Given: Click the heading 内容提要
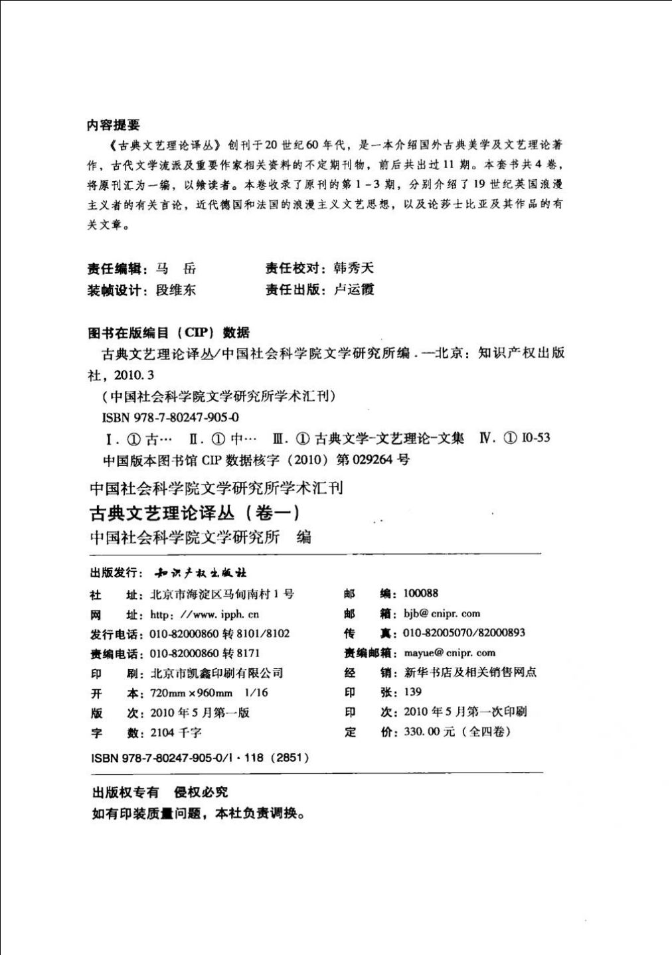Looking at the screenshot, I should [x=114, y=125].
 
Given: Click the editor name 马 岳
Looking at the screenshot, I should [x=176, y=269].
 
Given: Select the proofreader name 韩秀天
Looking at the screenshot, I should [x=354, y=268].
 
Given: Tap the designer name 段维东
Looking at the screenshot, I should [x=176, y=290].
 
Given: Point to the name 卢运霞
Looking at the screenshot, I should [x=354, y=289].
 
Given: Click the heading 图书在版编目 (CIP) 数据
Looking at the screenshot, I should [x=169, y=332].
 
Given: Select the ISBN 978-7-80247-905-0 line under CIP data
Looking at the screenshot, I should [x=171, y=417].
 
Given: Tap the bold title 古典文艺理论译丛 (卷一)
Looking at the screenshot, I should [x=195, y=513].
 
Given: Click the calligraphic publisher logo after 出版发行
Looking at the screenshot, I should [x=200, y=573].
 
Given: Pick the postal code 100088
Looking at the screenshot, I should [x=421, y=593].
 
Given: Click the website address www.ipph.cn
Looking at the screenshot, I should [x=205, y=615].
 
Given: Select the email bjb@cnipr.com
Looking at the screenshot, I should [x=442, y=614].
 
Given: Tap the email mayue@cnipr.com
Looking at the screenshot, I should [x=450, y=653].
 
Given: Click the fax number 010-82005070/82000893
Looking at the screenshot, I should [x=464, y=633].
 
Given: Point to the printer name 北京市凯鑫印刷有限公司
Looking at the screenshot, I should [x=216, y=674].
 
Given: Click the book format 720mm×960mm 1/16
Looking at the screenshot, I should [x=209, y=694].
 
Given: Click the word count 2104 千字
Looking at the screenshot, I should [x=176, y=733].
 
